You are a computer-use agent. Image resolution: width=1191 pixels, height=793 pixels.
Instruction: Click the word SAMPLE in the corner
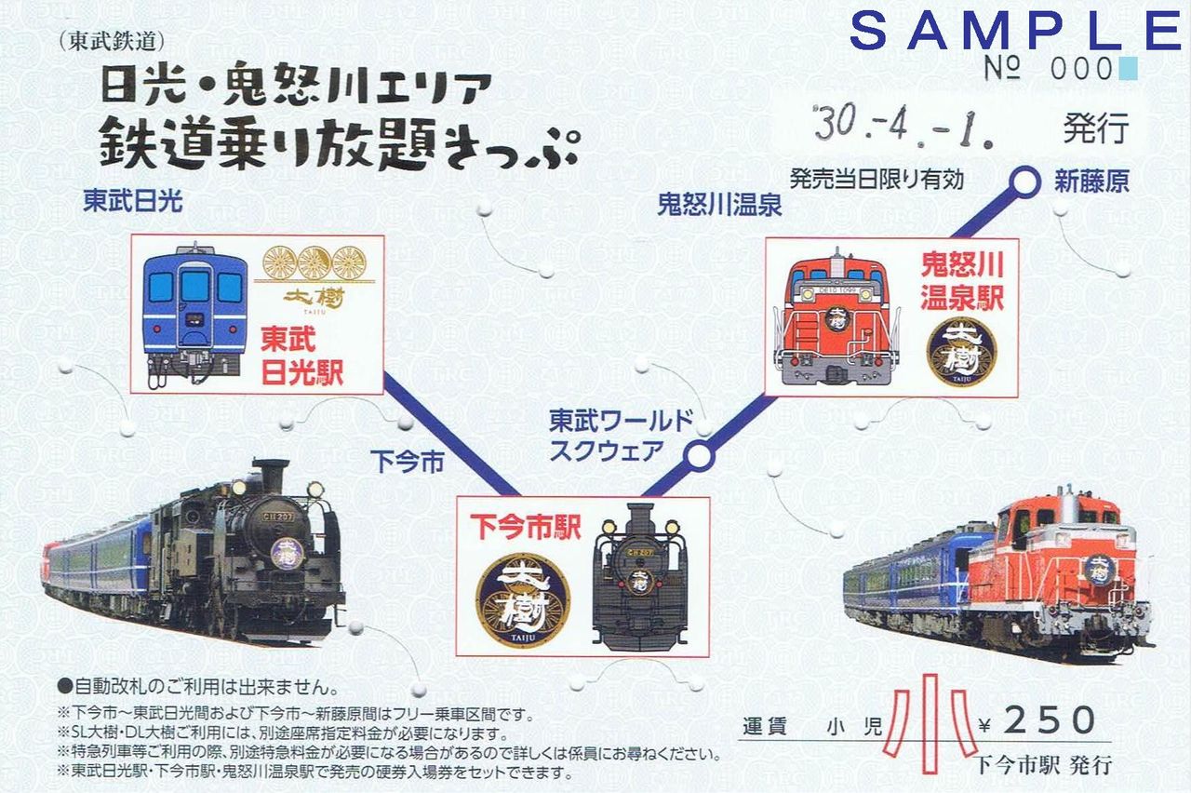click(x=1015, y=30)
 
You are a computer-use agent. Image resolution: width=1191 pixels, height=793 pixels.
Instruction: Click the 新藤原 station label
click(x=1091, y=181)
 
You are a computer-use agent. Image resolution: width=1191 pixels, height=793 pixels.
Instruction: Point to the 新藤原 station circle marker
click(x=1025, y=182)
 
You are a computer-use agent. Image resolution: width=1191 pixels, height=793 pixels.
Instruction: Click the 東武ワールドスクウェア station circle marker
click(x=700, y=456)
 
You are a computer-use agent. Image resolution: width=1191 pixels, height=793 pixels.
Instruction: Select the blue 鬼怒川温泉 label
click(x=719, y=205)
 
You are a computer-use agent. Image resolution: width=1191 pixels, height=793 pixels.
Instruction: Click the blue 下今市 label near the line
click(x=407, y=460)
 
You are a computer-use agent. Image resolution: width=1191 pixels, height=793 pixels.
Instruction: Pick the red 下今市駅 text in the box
click(x=525, y=527)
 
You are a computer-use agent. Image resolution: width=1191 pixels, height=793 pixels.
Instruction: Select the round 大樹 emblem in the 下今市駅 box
click(x=523, y=600)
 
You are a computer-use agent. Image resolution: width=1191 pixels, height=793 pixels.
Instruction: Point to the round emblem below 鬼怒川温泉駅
click(x=960, y=352)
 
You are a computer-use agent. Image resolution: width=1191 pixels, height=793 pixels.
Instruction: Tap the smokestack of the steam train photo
click(x=270, y=476)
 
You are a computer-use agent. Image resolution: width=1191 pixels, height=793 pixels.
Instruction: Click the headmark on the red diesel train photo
click(x=1098, y=569)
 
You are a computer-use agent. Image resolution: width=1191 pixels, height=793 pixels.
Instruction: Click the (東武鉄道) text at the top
click(x=111, y=42)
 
